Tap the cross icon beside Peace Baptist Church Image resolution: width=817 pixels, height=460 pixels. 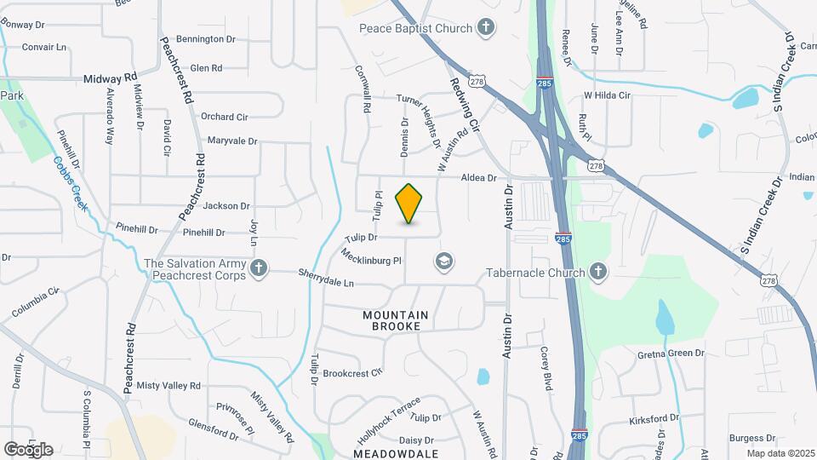(x=485, y=28)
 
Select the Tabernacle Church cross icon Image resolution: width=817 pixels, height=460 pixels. (x=598, y=273)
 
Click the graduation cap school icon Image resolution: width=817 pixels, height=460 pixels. (x=443, y=261)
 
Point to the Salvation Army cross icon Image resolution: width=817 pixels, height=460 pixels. (x=260, y=270)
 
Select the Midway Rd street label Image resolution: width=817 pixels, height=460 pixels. (x=111, y=78)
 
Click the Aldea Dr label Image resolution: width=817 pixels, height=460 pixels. (x=478, y=177)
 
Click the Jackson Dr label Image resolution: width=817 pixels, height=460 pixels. (x=226, y=205)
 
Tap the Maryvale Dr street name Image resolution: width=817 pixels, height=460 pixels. (x=232, y=140)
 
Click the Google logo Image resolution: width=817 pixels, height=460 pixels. (x=28, y=449)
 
